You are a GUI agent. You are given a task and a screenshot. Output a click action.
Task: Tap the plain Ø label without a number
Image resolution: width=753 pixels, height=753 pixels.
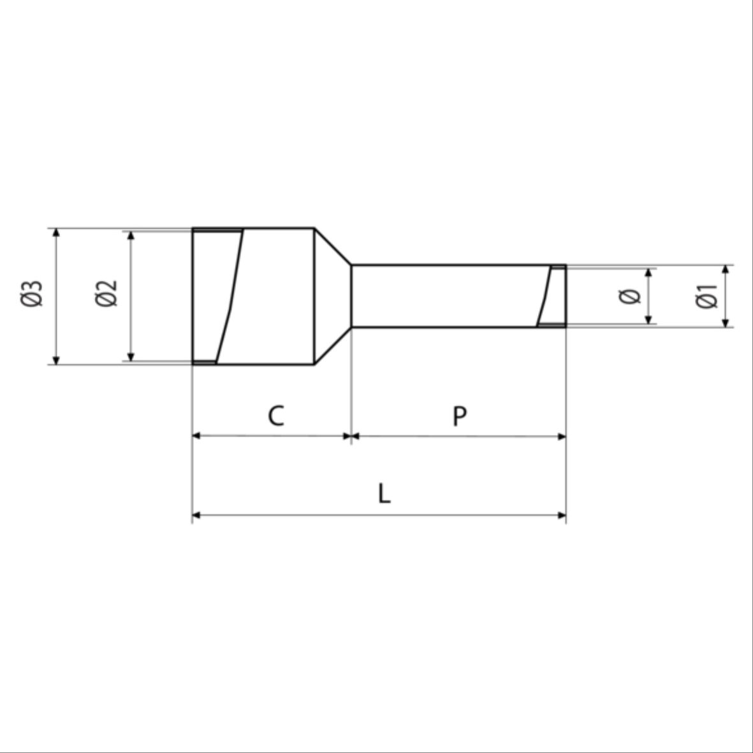point(630,296)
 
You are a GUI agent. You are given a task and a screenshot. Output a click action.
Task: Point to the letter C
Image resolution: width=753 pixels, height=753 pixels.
point(275,416)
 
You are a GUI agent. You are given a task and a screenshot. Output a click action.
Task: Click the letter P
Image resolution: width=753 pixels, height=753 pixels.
point(459,416)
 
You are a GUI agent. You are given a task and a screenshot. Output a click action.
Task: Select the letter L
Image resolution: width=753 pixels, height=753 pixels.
point(383,493)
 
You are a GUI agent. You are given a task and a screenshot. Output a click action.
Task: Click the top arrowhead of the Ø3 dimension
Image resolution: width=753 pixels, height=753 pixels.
point(56,233)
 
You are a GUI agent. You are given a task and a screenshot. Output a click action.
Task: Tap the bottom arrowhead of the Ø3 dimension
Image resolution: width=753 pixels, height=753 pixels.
point(56,360)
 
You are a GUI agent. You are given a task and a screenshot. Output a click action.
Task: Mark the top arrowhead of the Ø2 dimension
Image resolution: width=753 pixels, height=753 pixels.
point(131,235)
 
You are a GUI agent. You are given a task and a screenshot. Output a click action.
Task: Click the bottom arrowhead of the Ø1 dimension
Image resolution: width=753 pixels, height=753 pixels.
point(726,323)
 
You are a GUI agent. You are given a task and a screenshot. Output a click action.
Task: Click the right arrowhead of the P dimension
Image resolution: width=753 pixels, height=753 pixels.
point(561,436)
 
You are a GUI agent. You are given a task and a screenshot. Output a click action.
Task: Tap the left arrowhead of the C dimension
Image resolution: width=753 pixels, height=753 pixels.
point(197,436)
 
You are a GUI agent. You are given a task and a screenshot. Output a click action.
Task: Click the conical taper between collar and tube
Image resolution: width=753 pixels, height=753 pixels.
point(332,296)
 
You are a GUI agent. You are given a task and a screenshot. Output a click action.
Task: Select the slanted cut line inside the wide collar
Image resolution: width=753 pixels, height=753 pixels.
point(230,296)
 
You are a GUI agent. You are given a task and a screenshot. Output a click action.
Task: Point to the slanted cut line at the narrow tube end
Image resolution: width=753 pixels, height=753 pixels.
point(545,296)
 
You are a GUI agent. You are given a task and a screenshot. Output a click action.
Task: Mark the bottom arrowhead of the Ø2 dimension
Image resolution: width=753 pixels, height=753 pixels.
point(131,356)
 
